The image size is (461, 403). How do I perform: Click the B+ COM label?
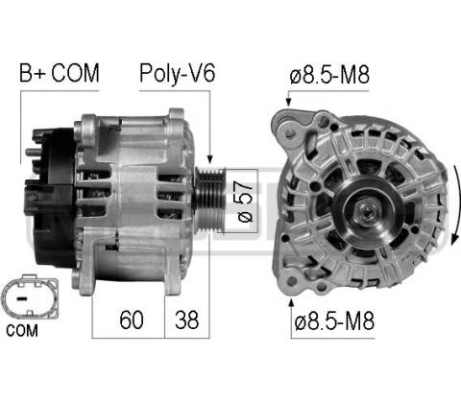60,73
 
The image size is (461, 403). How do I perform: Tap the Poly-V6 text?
177,74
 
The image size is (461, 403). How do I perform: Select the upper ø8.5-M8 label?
329,75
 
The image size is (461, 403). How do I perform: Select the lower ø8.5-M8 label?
334,320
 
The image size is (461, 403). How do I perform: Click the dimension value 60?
132,320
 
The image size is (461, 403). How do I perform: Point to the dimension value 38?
186,320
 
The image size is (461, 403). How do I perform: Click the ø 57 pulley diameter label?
245,201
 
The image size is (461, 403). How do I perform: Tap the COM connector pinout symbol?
30,296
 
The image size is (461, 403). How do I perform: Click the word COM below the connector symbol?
22,330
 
